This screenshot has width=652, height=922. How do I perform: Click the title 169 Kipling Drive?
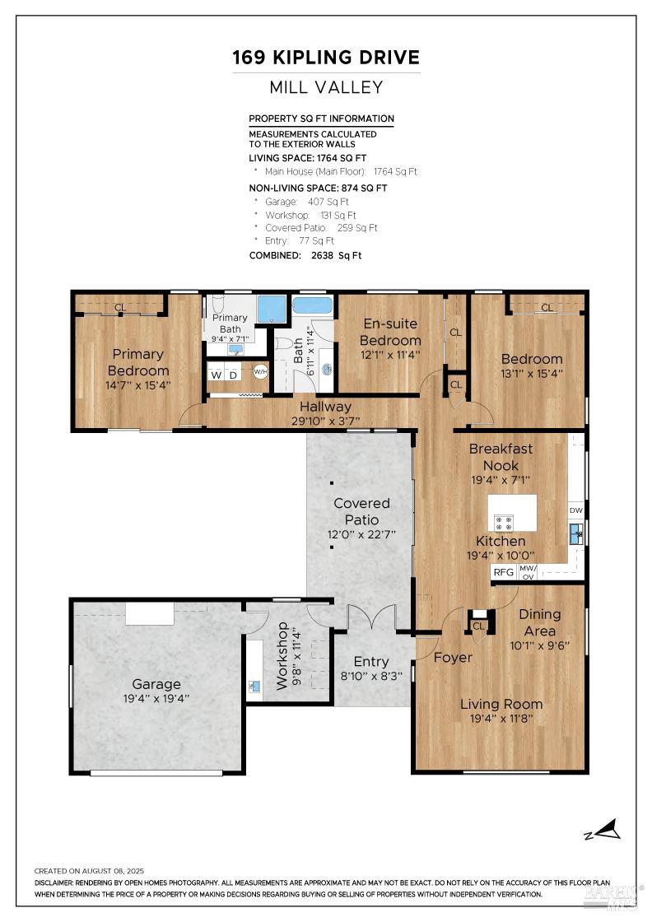point(326,58)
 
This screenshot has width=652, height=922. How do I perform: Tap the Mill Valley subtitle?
point(326,87)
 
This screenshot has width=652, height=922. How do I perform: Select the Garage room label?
point(156,684)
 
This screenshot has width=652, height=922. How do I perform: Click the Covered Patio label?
point(361,511)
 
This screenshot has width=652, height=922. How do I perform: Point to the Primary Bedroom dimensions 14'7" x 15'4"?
point(137,384)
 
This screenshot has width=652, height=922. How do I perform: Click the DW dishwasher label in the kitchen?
point(576,510)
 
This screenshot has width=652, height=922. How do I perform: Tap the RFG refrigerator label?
point(503,571)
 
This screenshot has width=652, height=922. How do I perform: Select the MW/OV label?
point(528,572)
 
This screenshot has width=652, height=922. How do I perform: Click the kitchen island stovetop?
point(504,523)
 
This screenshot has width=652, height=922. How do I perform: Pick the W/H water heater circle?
point(260,372)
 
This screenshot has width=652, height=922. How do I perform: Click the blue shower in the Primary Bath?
point(271,310)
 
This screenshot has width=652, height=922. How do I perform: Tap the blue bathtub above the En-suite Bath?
point(314,306)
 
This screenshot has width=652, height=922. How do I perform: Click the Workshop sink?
point(254,686)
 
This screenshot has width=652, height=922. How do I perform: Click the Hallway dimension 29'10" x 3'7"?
point(325,421)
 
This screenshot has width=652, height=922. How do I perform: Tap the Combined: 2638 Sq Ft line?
point(305,255)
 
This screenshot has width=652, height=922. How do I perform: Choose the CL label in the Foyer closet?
point(477,626)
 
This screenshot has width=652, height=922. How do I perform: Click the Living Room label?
point(501,704)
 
